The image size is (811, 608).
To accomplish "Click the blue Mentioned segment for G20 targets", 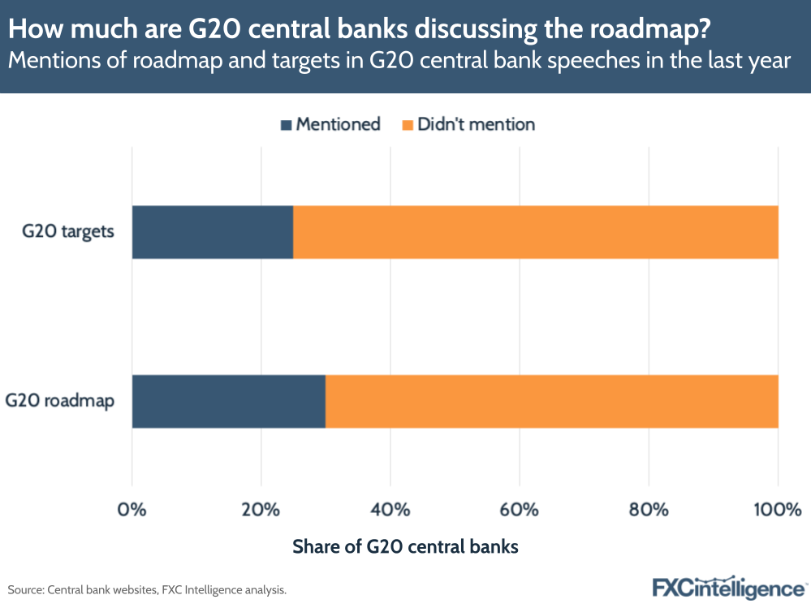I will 212,231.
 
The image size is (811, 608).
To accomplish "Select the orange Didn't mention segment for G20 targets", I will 535,231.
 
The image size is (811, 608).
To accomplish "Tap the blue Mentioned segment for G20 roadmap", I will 228,401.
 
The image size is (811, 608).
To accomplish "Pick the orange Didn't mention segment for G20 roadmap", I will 551,401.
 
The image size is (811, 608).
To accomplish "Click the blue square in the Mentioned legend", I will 286,125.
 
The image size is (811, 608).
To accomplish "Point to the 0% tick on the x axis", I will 132,511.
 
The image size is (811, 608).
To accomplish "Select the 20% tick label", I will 261,511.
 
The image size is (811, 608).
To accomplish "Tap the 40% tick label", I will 390,511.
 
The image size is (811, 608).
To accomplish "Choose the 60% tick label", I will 520,511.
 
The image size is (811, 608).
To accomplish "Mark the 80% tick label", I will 649,511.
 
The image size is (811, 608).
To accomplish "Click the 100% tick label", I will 777,511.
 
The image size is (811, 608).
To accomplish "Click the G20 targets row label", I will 68,231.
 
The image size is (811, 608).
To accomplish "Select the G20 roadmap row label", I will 60,401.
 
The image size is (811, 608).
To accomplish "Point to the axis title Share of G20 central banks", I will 405,547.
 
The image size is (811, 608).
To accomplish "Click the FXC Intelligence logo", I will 728,587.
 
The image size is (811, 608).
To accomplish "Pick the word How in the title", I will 32,30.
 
